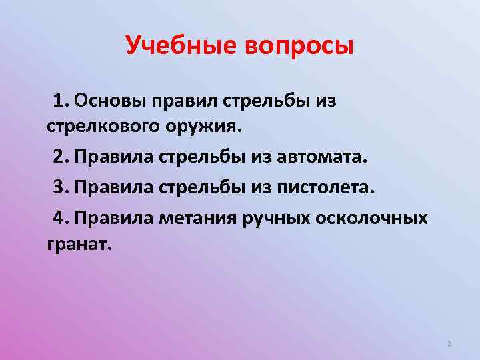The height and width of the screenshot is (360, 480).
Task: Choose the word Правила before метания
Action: click(x=114, y=217)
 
